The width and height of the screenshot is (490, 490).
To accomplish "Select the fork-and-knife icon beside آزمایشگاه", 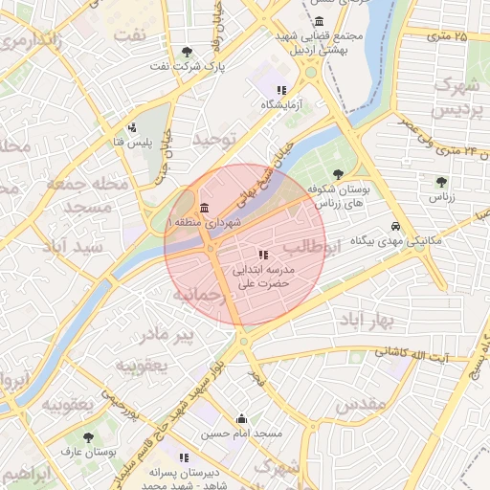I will (281, 90).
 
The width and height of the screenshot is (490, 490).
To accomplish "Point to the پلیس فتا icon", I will (132, 126).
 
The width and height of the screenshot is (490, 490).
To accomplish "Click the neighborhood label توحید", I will (213, 140).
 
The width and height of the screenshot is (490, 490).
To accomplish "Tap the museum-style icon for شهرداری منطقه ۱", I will (205, 209).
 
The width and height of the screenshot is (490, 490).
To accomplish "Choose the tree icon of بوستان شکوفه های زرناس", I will (320, 189).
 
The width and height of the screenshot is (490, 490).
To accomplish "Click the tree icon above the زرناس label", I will (441, 181).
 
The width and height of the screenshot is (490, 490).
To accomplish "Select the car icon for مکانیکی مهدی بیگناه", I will (394, 227).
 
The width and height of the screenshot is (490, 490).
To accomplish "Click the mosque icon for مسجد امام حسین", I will (241, 418).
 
